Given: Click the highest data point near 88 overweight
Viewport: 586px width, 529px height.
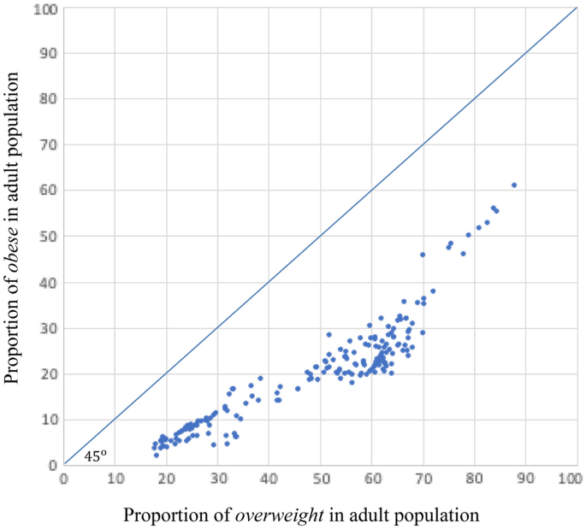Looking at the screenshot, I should click(514, 185).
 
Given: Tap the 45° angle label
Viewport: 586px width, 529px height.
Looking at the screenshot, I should click(96, 456).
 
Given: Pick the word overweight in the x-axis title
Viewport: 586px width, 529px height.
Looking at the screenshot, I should click(277, 515).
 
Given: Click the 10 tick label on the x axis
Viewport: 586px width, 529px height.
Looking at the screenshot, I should click(115, 478).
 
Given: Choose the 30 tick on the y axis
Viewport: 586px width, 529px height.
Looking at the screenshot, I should click(48, 328).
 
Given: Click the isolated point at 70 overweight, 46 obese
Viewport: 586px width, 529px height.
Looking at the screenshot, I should click(423, 255).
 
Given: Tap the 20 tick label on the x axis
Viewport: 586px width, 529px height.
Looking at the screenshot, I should click(166, 478).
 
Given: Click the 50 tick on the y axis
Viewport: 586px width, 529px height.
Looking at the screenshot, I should click(48, 237).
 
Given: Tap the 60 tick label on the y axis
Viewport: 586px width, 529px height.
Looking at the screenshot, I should click(48, 191).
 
